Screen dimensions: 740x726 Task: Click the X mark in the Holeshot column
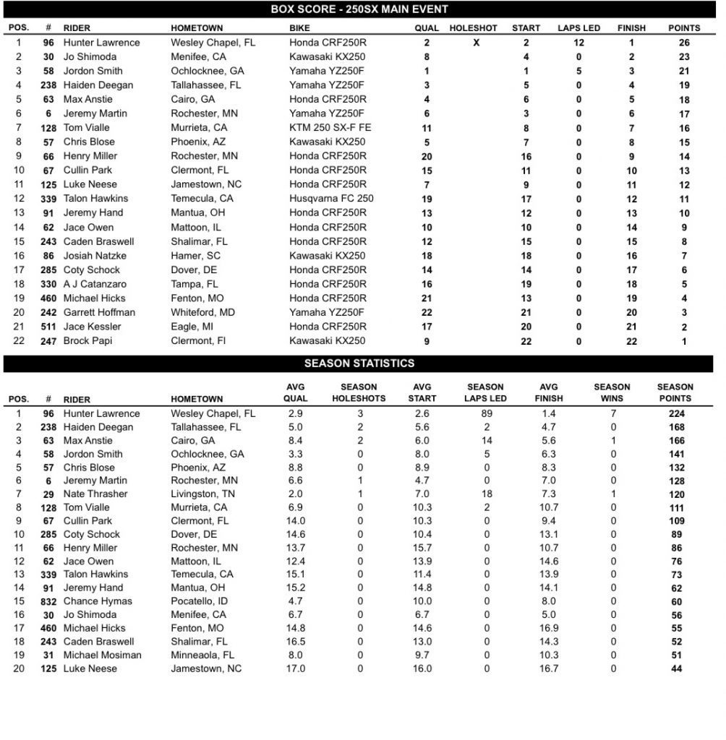[x=476, y=43]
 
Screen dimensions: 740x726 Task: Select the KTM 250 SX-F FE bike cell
[x=330, y=128]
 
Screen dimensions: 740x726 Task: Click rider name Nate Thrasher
[x=95, y=494]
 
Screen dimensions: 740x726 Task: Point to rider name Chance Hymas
[x=98, y=601]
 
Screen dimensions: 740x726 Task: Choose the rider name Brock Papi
[x=87, y=341]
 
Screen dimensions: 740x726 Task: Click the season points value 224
[x=676, y=414]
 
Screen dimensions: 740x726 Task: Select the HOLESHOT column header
[x=473, y=28]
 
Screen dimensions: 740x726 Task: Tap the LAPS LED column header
[x=578, y=28]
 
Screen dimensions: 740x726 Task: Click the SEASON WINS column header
[x=612, y=392]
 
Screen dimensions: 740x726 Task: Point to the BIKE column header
[x=300, y=28]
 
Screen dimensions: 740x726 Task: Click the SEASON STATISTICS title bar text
[x=359, y=363]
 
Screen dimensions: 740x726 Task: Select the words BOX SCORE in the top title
[x=299, y=9]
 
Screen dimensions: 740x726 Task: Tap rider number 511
[x=48, y=327]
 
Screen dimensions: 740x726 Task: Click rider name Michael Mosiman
[x=103, y=655]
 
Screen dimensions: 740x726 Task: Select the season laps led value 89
[x=486, y=414]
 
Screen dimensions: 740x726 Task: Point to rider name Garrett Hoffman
[x=98, y=312]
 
